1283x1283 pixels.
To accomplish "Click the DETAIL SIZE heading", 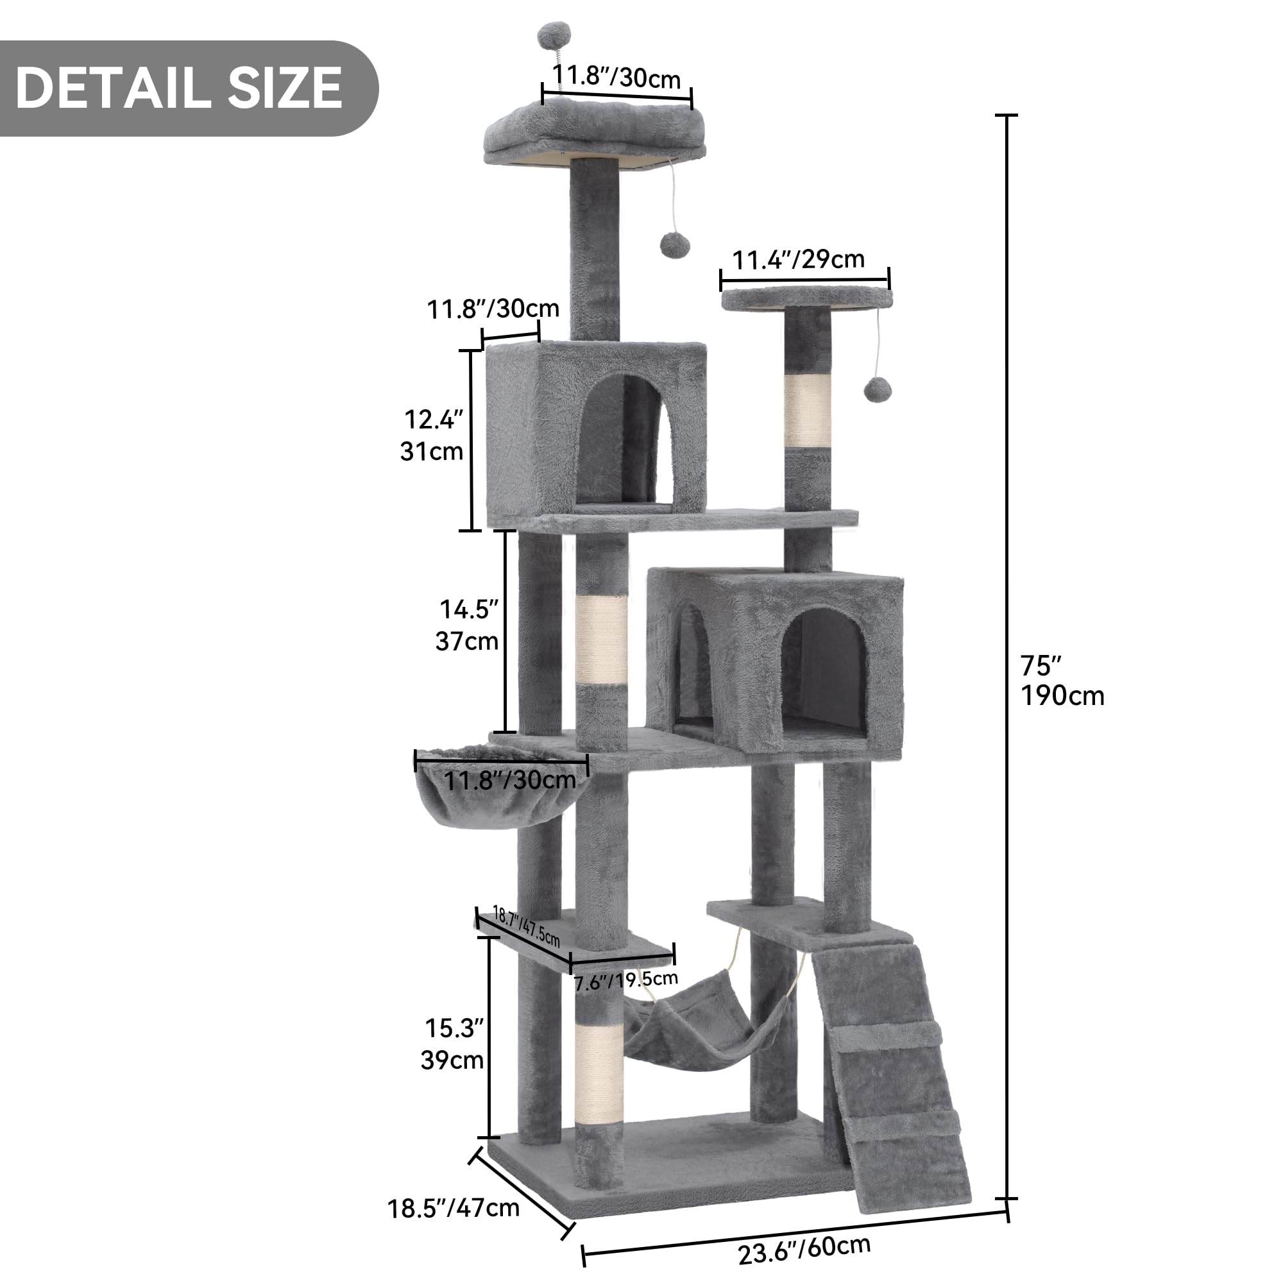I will coord(180,89).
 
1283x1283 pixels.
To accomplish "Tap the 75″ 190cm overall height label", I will coord(1061,681).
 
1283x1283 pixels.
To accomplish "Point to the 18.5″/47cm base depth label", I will coord(454,1208).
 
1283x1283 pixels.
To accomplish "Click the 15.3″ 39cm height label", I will coord(453,1044).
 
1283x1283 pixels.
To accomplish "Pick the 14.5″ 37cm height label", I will coord(468,625).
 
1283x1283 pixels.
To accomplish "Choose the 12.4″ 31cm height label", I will coord(432,436).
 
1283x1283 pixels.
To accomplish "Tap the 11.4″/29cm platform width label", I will coord(798,259).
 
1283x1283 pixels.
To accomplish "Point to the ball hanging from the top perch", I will coord(675,246).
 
